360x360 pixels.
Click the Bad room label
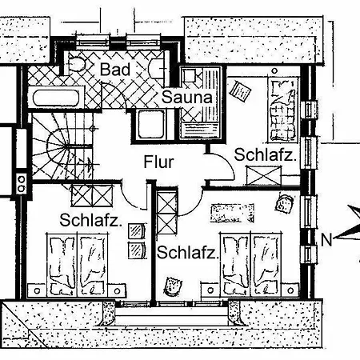[x=115, y=70]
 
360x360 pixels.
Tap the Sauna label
[x=187, y=97]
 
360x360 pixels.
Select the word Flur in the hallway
[x=158, y=162]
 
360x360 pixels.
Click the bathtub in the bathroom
[x=56, y=97]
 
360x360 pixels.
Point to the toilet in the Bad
[x=77, y=64]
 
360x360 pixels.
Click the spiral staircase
[x=63, y=146]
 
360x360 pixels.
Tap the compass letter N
[x=326, y=239]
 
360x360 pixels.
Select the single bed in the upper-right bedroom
[x=283, y=109]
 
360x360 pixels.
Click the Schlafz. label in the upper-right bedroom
[x=266, y=154]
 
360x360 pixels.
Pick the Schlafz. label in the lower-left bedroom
[x=90, y=220]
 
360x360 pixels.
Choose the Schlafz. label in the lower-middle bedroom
[x=187, y=252]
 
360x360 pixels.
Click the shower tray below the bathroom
[x=151, y=125]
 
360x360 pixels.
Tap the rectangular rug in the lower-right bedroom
[x=232, y=214]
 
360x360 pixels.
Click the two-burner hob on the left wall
[x=22, y=183]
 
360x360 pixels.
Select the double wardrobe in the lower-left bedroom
[x=92, y=196]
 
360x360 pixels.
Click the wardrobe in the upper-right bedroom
[x=264, y=175]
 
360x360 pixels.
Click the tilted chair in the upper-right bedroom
[x=240, y=91]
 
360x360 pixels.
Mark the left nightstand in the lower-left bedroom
[x=37, y=290]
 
